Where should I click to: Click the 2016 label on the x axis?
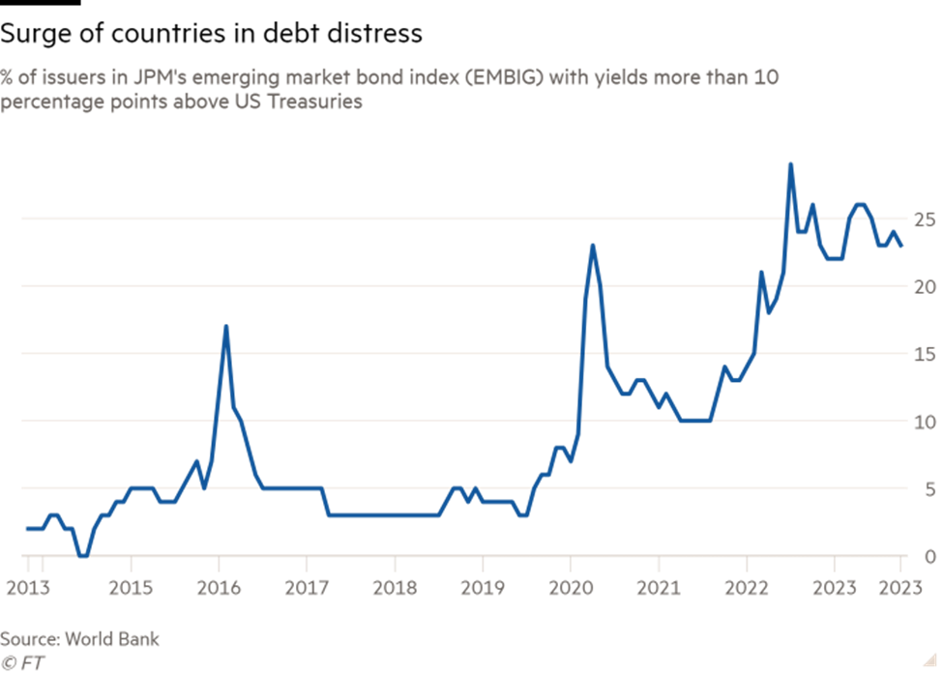(x=219, y=587)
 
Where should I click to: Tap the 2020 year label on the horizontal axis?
(x=571, y=587)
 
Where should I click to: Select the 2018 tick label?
(x=395, y=587)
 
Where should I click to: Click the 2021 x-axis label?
(x=659, y=587)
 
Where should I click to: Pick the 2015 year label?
(x=131, y=587)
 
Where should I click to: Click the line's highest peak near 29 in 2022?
(x=790, y=163)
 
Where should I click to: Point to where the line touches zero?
(x=84, y=555)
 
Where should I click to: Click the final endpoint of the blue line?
(x=902, y=246)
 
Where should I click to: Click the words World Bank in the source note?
(x=112, y=640)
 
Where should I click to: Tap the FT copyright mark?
(x=22, y=663)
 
